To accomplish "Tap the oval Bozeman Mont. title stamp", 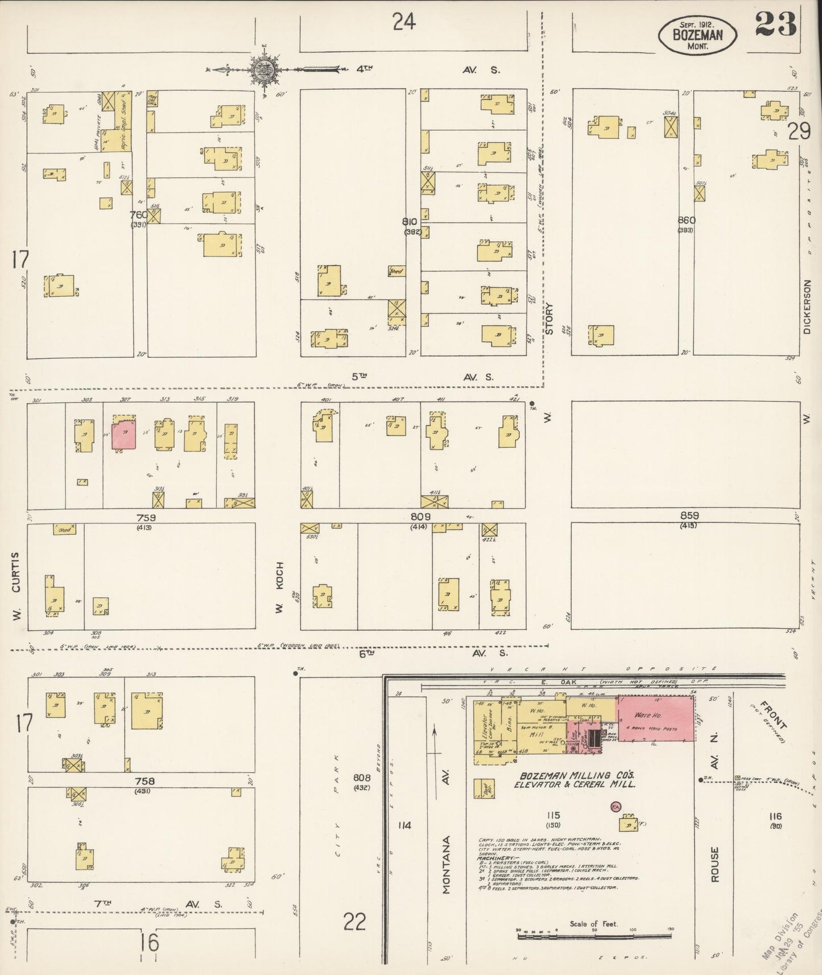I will point(697,35).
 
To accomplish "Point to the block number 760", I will point(138,215).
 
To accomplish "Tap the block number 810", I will point(410,222).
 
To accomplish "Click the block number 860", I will point(687,220).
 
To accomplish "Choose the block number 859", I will point(689,516).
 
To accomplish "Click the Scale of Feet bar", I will point(594,936).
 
